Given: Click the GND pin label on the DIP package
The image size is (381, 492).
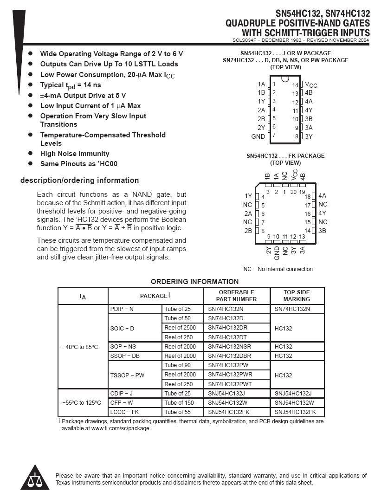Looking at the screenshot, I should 258,136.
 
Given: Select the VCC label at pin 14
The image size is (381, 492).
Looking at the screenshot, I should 311,84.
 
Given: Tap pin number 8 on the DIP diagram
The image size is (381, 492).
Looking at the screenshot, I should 296,136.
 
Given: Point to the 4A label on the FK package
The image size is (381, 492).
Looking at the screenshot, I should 322,196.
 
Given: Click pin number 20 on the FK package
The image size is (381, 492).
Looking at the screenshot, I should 293,192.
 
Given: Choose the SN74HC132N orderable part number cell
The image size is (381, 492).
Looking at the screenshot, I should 226,309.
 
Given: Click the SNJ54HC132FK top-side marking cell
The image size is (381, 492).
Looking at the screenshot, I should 295,412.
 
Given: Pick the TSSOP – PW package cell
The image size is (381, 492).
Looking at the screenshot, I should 127,375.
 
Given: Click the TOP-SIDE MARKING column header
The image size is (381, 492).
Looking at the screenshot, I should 297,296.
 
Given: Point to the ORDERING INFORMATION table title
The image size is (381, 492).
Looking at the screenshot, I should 194,281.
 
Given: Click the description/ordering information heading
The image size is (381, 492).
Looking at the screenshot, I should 79,181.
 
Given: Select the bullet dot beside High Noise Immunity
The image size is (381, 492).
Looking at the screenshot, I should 31,154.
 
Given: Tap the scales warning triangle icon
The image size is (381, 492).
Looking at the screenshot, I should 32,478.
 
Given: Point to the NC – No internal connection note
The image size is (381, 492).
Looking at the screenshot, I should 278,269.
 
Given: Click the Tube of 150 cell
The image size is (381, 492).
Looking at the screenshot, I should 179,402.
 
